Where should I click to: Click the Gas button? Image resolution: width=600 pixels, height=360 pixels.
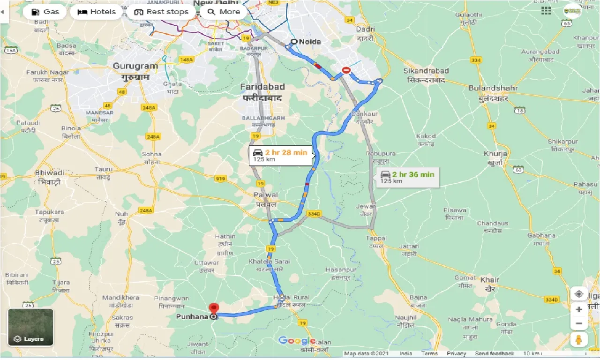click(45, 12)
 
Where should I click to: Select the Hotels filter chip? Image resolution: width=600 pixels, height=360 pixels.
click(97, 12)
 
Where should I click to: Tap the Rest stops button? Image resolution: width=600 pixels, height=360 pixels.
click(161, 12)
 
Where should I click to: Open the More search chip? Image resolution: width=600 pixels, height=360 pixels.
click(224, 12)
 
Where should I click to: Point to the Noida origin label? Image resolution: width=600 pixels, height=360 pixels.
click(310, 42)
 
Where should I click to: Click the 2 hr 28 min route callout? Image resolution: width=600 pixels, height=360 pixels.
click(281, 155)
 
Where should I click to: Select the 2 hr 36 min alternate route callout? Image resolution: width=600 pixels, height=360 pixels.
click(408, 177)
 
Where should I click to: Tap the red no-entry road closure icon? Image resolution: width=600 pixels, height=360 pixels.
click(346, 70)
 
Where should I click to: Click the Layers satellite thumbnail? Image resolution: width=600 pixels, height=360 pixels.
click(30, 327)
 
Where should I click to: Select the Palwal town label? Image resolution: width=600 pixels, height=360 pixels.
click(266, 195)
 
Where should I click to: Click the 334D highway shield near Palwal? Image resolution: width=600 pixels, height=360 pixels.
click(314, 214)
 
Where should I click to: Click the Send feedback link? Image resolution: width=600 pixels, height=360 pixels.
click(495, 354)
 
